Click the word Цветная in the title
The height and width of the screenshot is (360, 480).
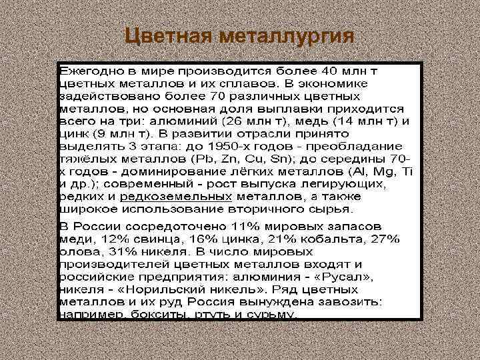point(167,34)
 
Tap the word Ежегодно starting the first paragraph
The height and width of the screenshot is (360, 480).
point(88,70)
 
